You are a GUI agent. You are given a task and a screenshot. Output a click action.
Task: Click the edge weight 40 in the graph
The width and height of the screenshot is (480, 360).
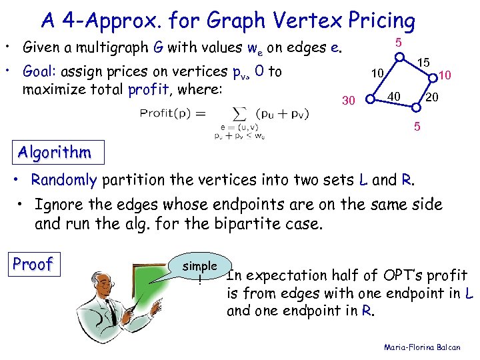(x=394, y=97)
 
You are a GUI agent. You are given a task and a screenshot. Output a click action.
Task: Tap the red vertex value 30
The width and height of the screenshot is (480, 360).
(x=348, y=101)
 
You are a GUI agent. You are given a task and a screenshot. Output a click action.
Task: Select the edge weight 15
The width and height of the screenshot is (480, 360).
(x=423, y=63)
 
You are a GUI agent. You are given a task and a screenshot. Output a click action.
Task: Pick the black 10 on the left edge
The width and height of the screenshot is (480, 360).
(x=378, y=73)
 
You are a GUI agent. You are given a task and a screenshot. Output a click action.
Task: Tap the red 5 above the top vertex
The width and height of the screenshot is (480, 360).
(x=398, y=43)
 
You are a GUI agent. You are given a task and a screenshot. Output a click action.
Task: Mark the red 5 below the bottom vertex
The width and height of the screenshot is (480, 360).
(x=417, y=125)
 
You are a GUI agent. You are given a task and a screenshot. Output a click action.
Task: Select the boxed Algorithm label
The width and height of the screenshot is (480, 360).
(x=55, y=153)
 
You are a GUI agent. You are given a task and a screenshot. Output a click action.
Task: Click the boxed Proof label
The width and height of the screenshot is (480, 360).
(x=33, y=265)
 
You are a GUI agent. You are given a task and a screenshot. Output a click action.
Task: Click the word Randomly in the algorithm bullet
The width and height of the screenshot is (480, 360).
(x=63, y=179)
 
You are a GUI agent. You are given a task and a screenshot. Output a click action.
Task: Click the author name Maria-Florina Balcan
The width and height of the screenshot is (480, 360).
(x=427, y=347)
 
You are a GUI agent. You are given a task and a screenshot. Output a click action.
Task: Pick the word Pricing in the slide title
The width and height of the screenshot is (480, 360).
(x=377, y=21)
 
